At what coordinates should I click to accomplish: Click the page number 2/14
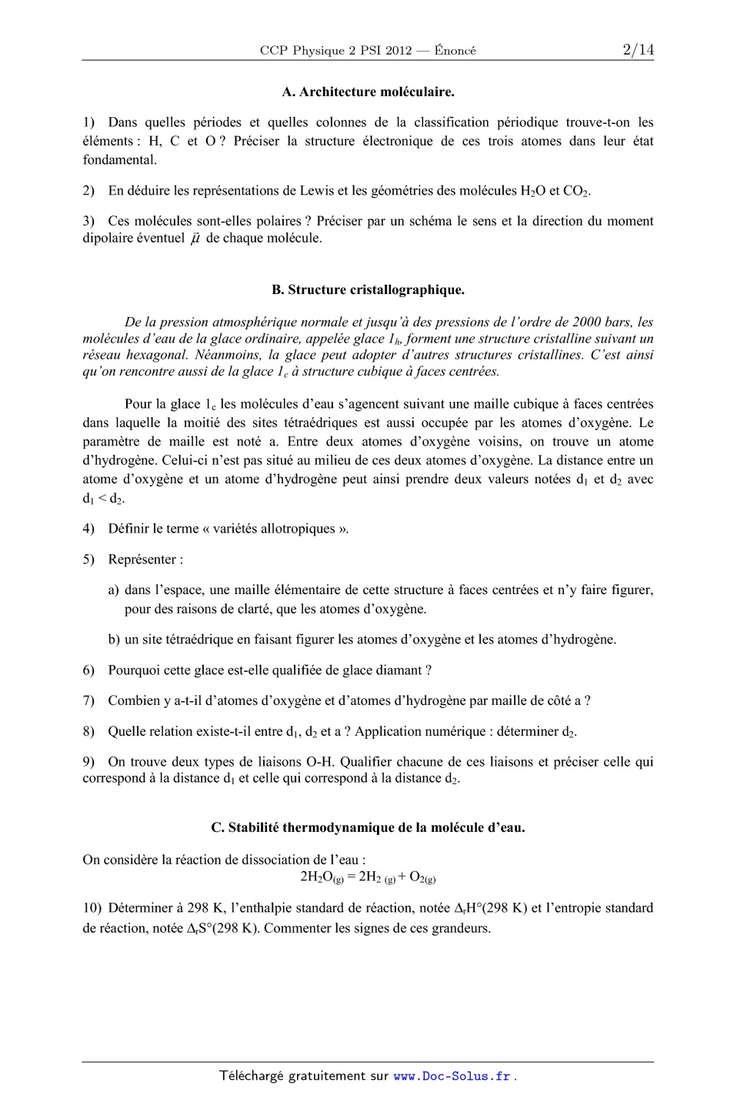[x=638, y=50]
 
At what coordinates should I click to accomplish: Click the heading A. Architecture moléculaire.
[x=368, y=92]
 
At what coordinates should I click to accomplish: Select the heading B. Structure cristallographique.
[x=368, y=290]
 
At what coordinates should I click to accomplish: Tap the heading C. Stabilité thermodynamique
[x=368, y=827]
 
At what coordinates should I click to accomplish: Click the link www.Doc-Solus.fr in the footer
[x=452, y=1077]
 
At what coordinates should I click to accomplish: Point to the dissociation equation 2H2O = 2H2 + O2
[x=368, y=877]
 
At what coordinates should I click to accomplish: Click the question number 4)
[x=88, y=529]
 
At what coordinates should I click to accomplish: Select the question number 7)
[x=88, y=700]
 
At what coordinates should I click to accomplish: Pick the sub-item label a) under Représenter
[x=113, y=590]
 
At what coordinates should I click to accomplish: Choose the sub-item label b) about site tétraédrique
[x=113, y=640]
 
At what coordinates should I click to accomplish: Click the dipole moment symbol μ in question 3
[x=195, y=239]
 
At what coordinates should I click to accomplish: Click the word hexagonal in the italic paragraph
[x=157, y=355]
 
